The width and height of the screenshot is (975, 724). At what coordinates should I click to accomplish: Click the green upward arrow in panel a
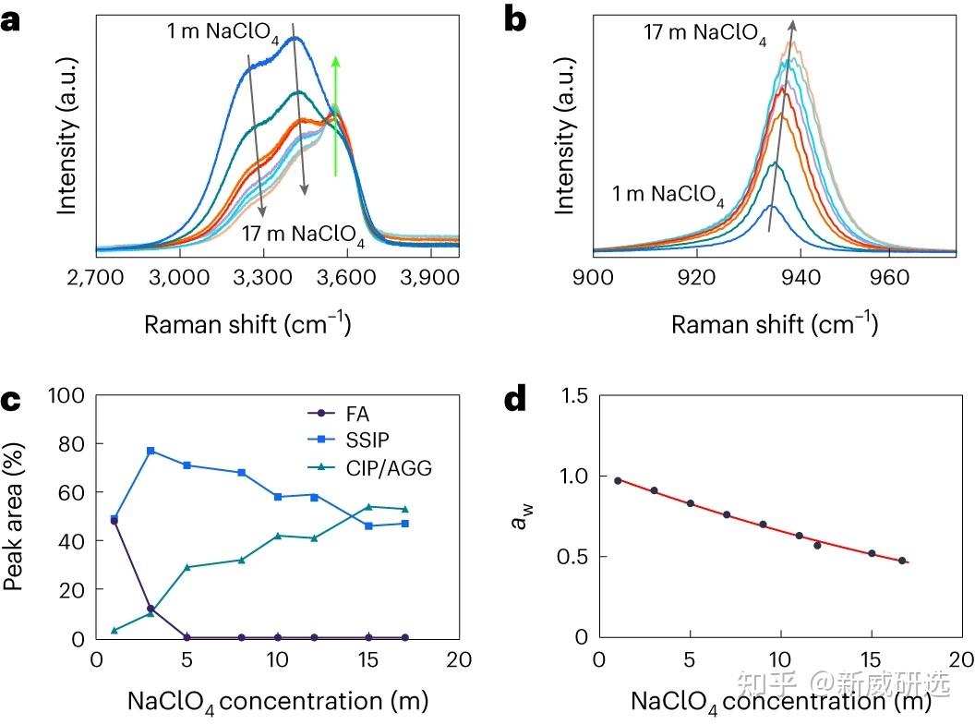(336, 115)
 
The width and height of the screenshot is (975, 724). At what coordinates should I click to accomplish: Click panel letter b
(514, 20)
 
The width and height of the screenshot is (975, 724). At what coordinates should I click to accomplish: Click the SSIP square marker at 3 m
(150, 451)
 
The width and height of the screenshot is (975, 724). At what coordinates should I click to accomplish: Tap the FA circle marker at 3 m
(150, 609)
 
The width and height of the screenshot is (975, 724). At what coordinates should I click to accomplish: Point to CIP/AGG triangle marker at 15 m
(369, 507)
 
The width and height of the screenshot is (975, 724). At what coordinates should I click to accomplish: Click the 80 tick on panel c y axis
(72, 444)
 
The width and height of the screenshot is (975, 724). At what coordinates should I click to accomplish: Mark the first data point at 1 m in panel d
(618, 480)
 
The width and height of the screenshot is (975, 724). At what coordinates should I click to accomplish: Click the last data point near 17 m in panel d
(901, 561)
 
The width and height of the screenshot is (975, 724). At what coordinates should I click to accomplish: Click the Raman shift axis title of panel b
(774, 325)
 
